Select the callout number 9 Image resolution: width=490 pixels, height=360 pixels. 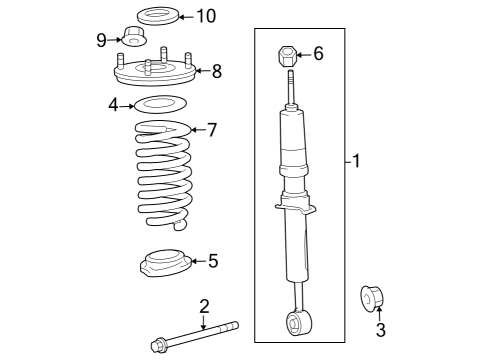102,39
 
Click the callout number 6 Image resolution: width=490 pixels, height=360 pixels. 318,54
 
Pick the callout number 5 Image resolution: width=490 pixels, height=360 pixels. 212,261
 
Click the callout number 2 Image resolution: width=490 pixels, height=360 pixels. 203,305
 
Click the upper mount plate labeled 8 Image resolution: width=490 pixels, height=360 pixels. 155,72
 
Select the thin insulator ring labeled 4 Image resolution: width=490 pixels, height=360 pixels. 160,103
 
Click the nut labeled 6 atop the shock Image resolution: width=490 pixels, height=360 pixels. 286,54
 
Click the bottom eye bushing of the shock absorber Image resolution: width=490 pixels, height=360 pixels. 297,322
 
